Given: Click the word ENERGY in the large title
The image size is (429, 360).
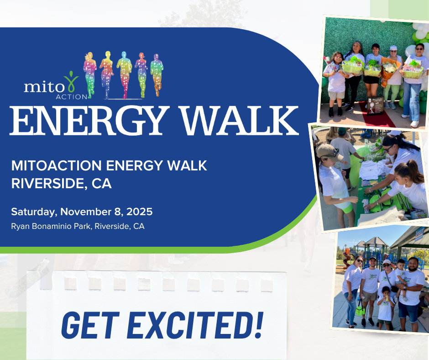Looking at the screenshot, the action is coord(88,120).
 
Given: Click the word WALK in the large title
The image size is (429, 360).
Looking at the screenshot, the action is coord(240,120).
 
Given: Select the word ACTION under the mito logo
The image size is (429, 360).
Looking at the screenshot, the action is coord(71,97).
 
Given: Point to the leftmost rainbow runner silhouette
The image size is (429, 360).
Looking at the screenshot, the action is coord(90,74).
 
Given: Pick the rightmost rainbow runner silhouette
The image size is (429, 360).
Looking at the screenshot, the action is coord(157,74).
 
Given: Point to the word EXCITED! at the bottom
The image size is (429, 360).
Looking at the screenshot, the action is coord(195,325).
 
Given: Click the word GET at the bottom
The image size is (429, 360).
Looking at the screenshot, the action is coord(90,325).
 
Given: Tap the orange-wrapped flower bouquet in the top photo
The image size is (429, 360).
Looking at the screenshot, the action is coord(390,71).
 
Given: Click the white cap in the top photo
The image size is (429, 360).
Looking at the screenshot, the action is coord(393,48).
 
